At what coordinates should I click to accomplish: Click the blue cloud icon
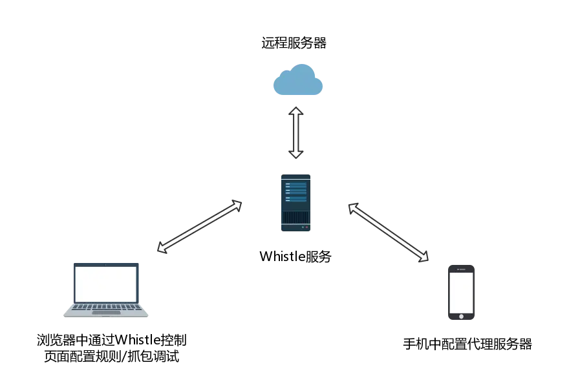(x=298, y=80)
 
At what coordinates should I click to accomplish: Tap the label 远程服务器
(x=294, y=43)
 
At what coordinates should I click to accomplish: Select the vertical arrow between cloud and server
(x=295, y=132)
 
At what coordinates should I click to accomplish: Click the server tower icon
(x=295, y=203)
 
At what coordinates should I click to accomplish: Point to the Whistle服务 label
(x=295, y=257)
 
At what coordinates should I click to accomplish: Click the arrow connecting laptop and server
(x=200, y=226)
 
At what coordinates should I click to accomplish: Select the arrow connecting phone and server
(x=389, y=232)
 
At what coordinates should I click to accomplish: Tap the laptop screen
(x=106, y=283)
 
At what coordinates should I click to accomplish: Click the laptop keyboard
(x=106, y=308)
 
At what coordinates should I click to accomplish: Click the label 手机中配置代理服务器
(x=467, y=344)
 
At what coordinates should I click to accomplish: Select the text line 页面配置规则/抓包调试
(x=112, y=356)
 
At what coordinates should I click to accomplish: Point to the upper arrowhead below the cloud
(x=295, y=111)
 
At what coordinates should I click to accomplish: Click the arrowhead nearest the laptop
(x=162, y=247)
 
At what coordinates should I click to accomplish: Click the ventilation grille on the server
(x=295, y=217)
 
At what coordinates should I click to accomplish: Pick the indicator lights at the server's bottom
(x=305, y=227)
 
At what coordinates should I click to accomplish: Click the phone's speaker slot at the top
(x=462, y=269)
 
